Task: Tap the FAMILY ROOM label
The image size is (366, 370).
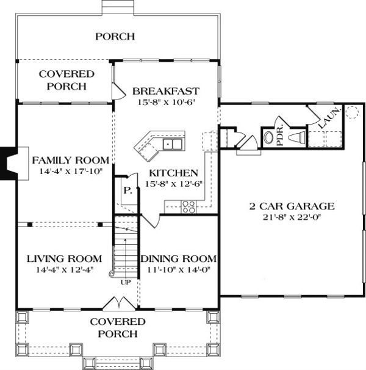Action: coord(70,161)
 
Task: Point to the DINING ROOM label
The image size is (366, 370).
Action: coord(179,258)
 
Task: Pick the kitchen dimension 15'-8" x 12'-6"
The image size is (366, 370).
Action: coord(174,184)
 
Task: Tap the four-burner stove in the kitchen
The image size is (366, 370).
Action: coord(189,206)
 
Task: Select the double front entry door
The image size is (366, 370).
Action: coord(118,303)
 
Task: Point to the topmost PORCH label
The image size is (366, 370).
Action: coord(115,37)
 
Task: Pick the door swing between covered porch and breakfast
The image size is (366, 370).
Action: coord(117,91)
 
